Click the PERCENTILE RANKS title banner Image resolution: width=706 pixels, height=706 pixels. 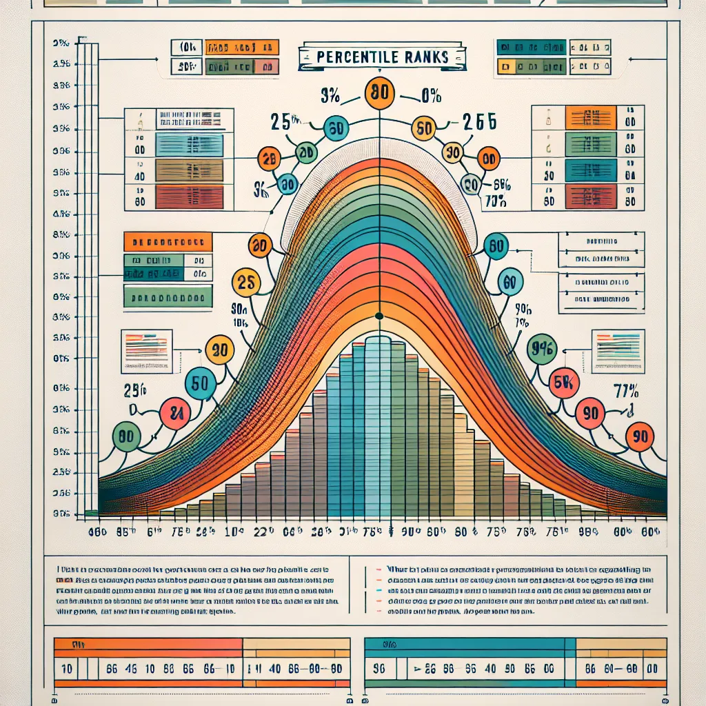(381, 57)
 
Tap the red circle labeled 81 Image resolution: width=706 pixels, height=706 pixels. (174, 414)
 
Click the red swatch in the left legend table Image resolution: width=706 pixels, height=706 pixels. (190, 196)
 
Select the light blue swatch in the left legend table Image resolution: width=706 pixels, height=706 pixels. (190, 144)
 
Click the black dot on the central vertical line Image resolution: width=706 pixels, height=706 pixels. (379, 316)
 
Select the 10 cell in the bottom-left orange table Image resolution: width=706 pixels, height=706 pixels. (67, 668)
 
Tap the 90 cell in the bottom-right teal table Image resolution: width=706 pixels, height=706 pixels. (379, 668)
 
